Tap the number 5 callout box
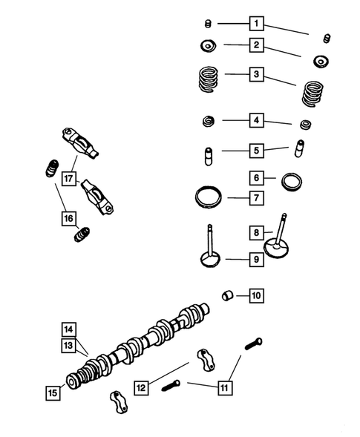[x=256, y=150]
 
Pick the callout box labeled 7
[x=256, y=198]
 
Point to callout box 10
[x=256, y=296]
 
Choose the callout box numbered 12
[x=142, y=387]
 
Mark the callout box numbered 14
[x=68, y=329]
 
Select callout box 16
[x=68, y=218]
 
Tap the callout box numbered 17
[x=69, y=178]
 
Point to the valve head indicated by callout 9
[x=209, y=260]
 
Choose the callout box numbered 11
[x=224, y=387]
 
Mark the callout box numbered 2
[x=256, y=45]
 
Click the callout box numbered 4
[x=256, y=119]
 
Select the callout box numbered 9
[x=256, y=259]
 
